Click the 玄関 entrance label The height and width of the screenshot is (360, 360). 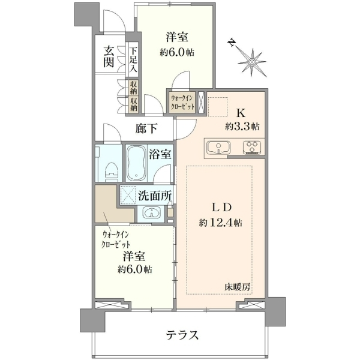109,56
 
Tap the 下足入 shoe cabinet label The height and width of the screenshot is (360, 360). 133,59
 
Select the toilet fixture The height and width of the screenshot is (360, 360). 112,172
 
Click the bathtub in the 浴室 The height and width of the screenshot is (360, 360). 136,163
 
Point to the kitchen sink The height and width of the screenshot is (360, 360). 218,147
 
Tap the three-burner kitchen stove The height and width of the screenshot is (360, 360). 252,147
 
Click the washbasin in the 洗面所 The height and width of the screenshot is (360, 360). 151,212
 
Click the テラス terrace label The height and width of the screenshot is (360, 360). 182,335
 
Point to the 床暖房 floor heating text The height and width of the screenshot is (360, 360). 237,287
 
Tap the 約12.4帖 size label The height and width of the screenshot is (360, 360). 220,223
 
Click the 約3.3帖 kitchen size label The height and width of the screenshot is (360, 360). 242,126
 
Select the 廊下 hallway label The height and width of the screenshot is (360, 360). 146,128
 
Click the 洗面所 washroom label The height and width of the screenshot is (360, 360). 155,196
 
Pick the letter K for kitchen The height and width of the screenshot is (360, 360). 241,113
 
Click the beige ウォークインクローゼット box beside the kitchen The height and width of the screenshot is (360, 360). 182,103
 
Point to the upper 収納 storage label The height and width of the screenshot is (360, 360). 133,88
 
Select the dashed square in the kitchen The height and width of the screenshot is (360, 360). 218,107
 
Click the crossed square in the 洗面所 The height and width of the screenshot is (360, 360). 128,195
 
